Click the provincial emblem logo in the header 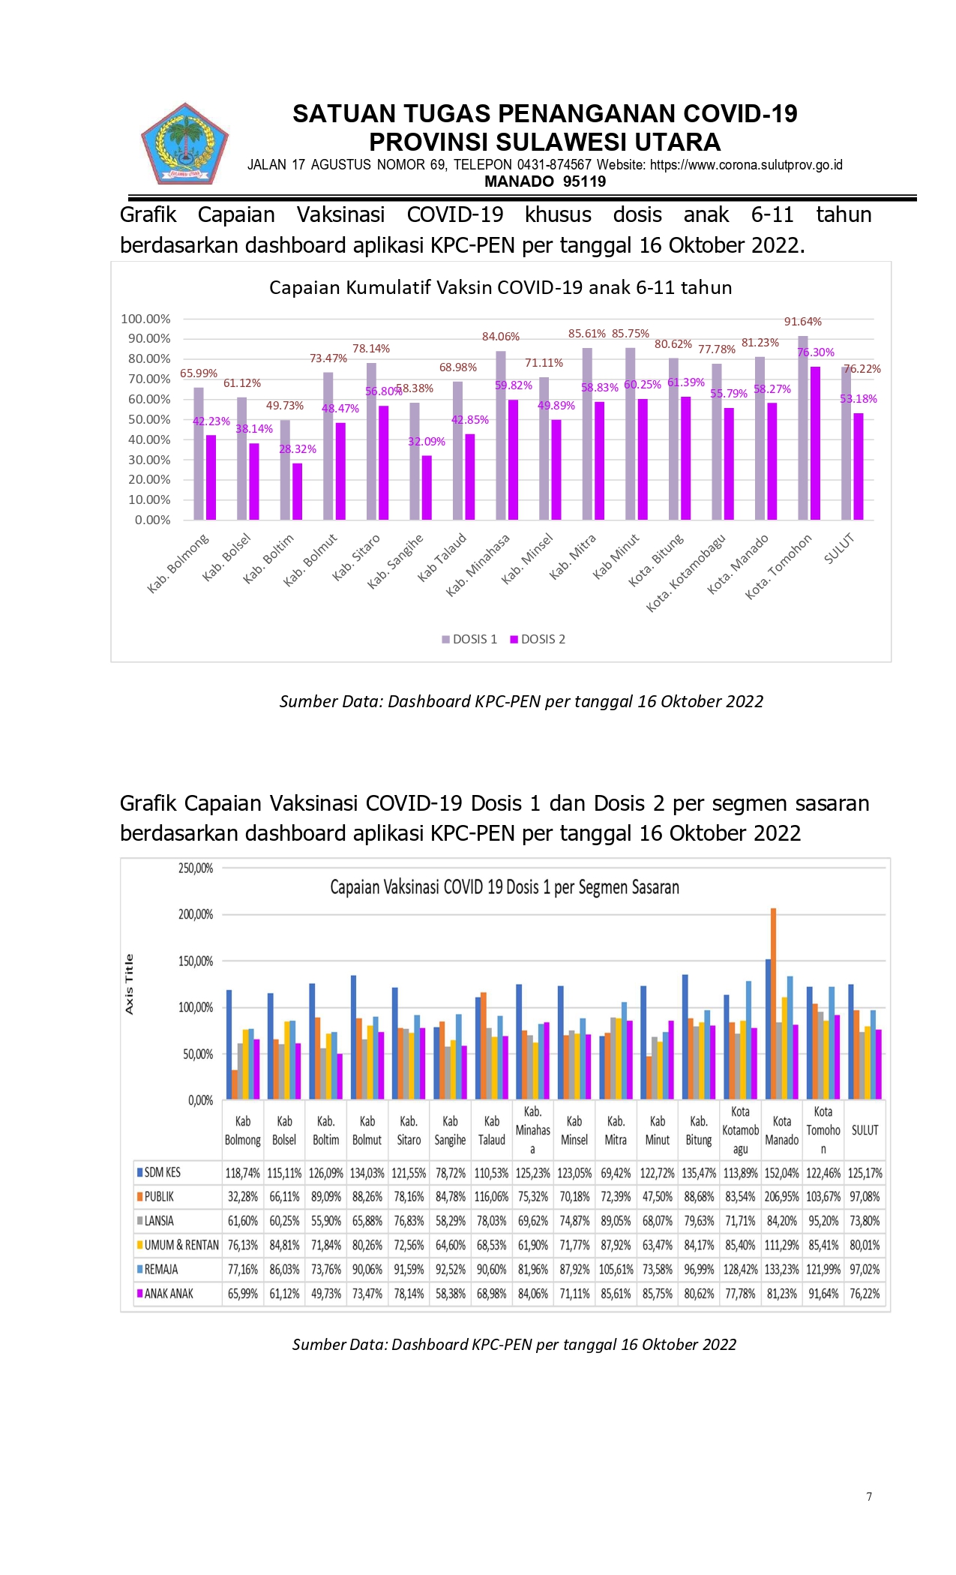coord(185,144)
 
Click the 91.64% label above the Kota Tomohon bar coord(803,322)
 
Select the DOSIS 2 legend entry coord(538,639)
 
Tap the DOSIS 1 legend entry coord(469,639)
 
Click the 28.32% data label coord(298,449)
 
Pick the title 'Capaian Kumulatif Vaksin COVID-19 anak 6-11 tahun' coord(500,287)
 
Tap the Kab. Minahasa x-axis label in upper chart coord(478,565)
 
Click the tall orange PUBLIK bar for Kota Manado coord(773,1003)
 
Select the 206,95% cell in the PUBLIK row coord(781,1197)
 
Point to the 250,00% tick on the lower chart coord(196,868)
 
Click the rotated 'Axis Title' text coord(129,985)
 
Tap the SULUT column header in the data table coord(865,1130)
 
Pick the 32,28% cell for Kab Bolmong coord(242,1197)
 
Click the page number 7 coord(869,1496)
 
